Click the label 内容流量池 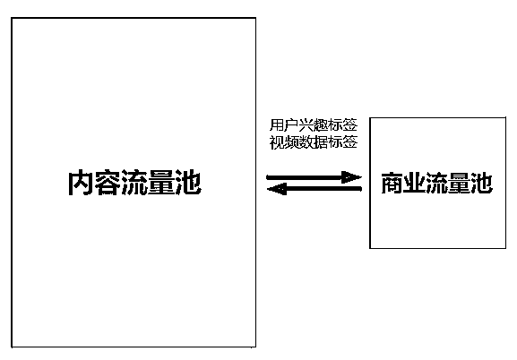pyautogui.click(x=134, y=183)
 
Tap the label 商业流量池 pyautogui.click(x=437, y=183)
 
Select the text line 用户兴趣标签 pyautogui.click(x=314, y=125)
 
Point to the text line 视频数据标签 pyautogui.click(x=314, y=142)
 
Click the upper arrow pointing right pyautogui.click(x=314, y=177)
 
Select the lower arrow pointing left pyautogui.click(x=314, y=189)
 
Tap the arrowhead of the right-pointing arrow pyautogui.click(x=351, y=177)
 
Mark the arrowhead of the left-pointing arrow pyautogui.click(x=277, y=189)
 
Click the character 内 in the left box pyautogui.click(x=81, y=183)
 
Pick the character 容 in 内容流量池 pyautogui.click(x=108, y=183)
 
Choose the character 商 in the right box pyautogui.click(x=392, y=183)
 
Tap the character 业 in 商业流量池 pyautogui.click(x=414, y=183)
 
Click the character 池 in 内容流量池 pyautogui.click(x=188, y=183)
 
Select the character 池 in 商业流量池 pyautogui.click(x=482, y=183)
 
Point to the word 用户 pyautogui.click(x=284, y=125)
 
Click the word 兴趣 pyautogui.click(x=314, y=125)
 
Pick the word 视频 pyautogui.click(x=284, y=142)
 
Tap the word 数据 pyautogui.click(x=314, y=142)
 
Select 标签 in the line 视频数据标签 pyautogui.click(x=343, y=142)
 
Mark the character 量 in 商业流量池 pyautogui.click(x=460, y=183)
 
